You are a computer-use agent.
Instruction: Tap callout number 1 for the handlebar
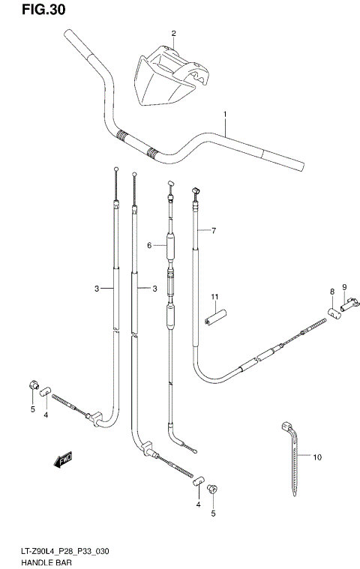pyautogui.click(x=224, y=114)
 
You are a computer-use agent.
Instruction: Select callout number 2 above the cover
pyautogui.click(x=173, y=34)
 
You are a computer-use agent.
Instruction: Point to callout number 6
pyautogui.click(x=149, y=245)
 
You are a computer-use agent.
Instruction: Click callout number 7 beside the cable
pyautogui.click(x=213, y=231)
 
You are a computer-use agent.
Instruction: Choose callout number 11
pyautogui.click(x=214, y=297)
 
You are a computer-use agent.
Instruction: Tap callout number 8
pyautogui.click(x=331, y=291)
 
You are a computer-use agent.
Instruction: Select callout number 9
pyautogui.click(x=344, y=287)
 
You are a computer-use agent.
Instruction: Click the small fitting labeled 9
pyautogui.click(x=348, y=306)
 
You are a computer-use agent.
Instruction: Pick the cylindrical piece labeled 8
pyautogui.click(x=333, y=311)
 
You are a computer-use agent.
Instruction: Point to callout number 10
pyautogui.click(x=317, y=457)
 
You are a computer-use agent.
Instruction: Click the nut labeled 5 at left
pyautogui.click(x=32, y=385)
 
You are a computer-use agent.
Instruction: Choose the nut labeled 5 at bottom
pyautogui.click(x=213, y=490)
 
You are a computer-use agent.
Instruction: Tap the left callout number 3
pyautogui.click(x=97, y=289)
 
